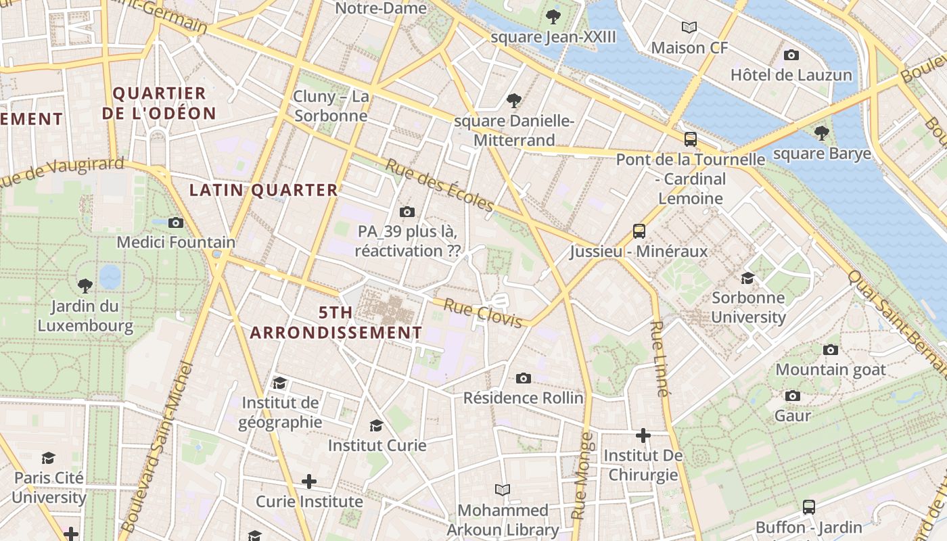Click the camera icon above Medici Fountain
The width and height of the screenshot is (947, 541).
tap(176, 222)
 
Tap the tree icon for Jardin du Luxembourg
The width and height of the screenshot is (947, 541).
tap(85, 286)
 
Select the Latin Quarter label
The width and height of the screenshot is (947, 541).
tap(263, 191)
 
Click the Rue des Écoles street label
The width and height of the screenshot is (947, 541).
tap(440, 185)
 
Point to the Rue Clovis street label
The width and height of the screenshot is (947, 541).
tap(482, 314)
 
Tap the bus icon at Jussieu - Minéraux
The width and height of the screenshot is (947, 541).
tap(639, 231)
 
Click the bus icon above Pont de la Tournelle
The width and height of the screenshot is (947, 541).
tap(690, 139)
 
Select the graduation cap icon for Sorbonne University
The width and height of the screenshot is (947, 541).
tap(747, 278)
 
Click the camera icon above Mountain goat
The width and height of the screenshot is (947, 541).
tap(831, 350)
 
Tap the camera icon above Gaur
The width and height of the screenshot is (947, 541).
tap(793, 396)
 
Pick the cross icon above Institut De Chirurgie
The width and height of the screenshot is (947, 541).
tap(643, 436)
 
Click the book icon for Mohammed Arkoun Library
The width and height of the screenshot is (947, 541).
tap(503, 490)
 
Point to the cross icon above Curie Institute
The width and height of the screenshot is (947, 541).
tap(309, 481)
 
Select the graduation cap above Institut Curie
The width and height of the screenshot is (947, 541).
tap(377, 425)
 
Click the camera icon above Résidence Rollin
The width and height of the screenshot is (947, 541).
tap(523, 378)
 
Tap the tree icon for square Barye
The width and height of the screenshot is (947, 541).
tap(822, 133)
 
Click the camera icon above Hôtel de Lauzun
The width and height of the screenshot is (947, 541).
tap(791, 55)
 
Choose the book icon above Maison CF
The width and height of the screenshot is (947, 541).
tap(689, 28)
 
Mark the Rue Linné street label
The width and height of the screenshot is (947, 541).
tap(660, 358)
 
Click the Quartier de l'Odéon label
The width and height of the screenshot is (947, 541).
tap(159, 103)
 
